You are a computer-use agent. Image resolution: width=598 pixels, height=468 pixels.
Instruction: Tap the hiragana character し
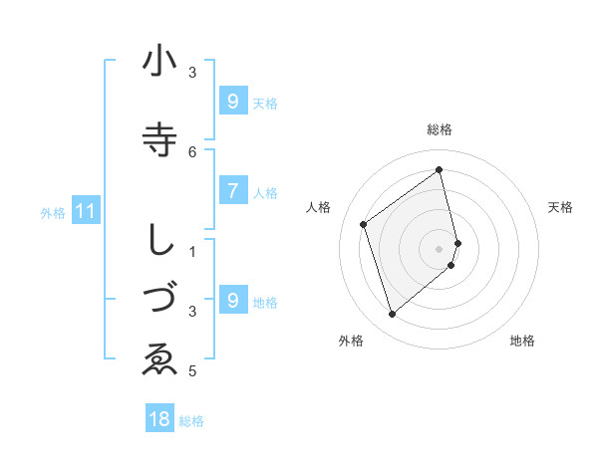click(159, 239)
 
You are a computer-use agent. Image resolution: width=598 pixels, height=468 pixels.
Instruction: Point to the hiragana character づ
click(159, 299)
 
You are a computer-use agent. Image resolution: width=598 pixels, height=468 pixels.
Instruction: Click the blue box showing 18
click(158, 419)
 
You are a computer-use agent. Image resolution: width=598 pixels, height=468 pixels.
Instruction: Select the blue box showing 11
click(86, 211)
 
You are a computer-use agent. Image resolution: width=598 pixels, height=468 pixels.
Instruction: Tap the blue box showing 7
click(232, 192)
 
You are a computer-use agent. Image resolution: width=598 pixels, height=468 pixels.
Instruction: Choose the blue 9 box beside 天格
click(232, 102)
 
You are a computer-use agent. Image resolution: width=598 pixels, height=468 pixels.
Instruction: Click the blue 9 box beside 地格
click(232, 301)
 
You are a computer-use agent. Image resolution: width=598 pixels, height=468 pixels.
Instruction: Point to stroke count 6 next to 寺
click(192, 151)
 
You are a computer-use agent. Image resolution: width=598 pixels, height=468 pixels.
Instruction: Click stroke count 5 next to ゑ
click(192, 371)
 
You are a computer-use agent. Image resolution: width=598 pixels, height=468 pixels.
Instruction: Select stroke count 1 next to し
click(192, 251)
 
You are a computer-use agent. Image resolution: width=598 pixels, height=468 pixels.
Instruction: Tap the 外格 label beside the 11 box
click(53, 212)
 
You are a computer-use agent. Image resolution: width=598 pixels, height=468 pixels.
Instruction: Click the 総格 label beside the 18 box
click(191, 420)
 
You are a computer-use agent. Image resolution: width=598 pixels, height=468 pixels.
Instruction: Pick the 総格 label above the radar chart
click(440, 129)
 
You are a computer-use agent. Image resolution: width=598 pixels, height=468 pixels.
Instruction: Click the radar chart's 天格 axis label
click(561, 207)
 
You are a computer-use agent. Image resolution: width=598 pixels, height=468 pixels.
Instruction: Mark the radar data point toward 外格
click(392, 315)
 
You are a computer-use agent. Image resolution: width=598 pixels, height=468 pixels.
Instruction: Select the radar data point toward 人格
click(364, 225)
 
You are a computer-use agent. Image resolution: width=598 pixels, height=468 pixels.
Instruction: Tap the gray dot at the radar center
click(440, 247)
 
